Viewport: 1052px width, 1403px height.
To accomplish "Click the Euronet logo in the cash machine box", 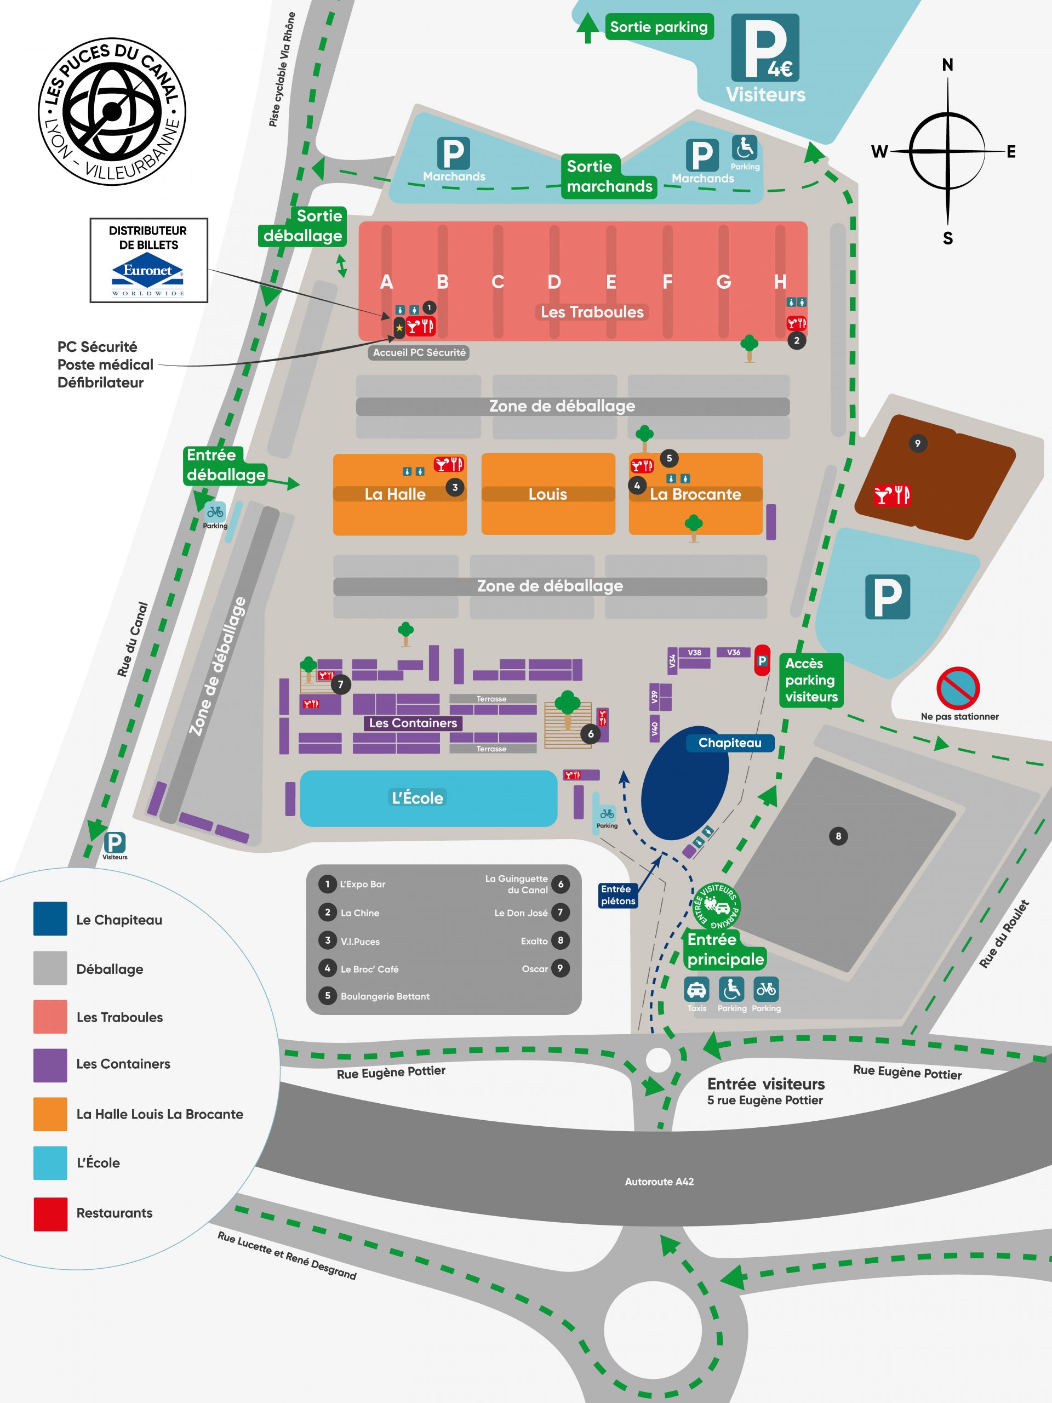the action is coord(148,274).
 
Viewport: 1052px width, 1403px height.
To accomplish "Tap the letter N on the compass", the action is coord(947,65).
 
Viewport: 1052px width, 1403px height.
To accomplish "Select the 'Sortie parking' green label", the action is coord(659,27).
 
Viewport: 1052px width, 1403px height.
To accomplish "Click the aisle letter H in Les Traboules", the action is coord(780,282).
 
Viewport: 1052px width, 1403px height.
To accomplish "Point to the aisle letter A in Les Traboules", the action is coord(386,282).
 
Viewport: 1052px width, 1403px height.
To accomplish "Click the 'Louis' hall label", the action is coord(548,494).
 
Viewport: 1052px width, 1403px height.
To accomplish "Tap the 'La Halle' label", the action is coord(395,494).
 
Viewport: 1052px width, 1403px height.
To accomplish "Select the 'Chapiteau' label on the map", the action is coord(730,743).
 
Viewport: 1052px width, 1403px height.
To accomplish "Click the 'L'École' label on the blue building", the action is coord(418,797).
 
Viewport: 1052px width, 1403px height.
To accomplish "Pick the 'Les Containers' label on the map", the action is coord(413,723).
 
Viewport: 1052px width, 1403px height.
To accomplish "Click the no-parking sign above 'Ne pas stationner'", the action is coord(958,688).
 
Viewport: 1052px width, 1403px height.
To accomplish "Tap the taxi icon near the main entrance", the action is coord(696,989).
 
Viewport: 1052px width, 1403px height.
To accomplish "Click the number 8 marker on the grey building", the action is coord(838,836).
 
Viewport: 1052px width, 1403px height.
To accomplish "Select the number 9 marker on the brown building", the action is coord(918,443).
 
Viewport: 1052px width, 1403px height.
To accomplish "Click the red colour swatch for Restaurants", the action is coord(50,1214).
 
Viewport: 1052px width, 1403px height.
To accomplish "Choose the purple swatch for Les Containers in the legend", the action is coord(50,1065).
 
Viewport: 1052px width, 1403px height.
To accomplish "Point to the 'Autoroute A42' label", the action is coord(660,1182).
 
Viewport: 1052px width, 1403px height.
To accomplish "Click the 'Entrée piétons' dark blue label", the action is coord(618,895).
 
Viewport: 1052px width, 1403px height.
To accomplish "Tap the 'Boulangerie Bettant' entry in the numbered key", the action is coord(385,996).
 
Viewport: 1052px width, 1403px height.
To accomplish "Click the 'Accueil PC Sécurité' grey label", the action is coord(419,352).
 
